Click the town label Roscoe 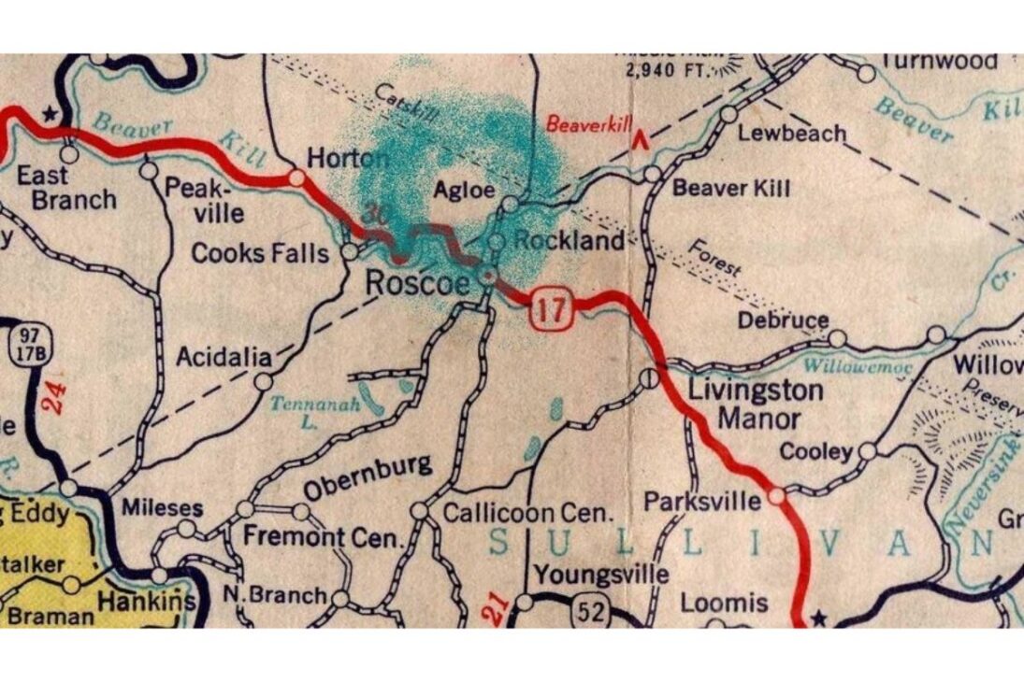tap(417, 281)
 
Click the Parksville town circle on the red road tap(776, 497)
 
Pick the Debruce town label tap(783, 320)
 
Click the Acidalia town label tap(224, 357)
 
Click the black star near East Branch tap(50, 114)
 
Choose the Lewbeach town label tap(792, 133)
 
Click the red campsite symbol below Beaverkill tap(641, 141)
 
